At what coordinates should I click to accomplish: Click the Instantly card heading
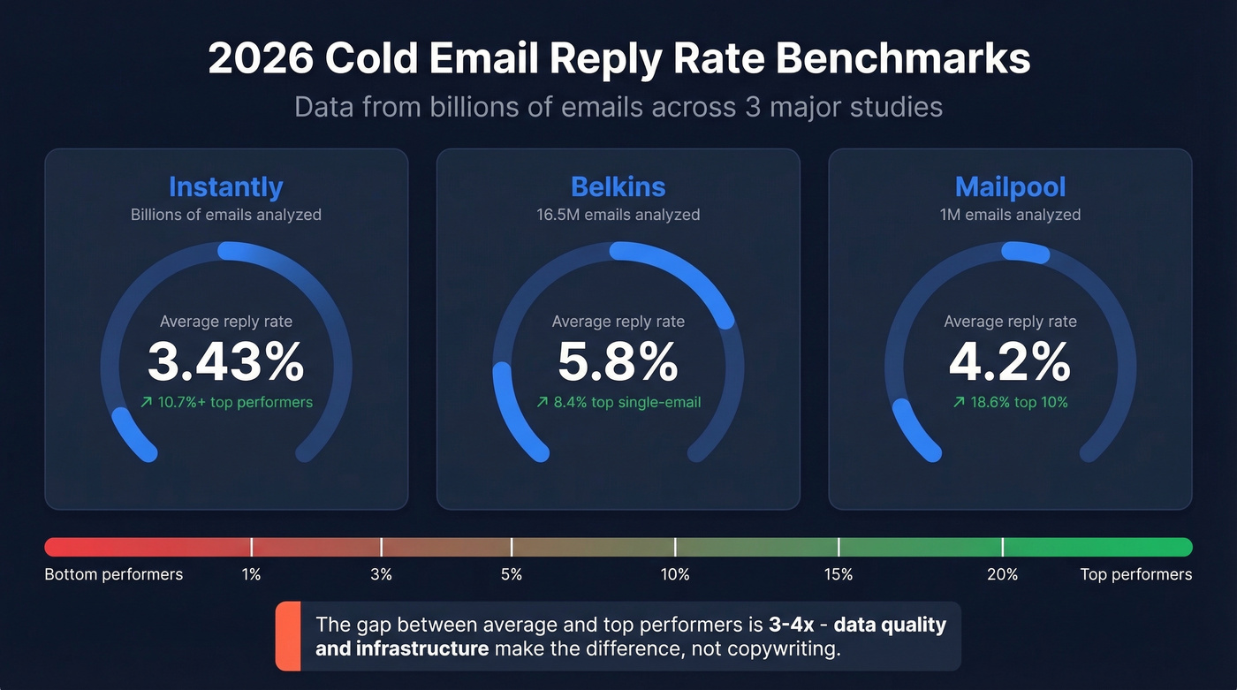coord(225,186)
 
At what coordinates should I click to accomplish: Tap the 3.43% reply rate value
coord(225,361)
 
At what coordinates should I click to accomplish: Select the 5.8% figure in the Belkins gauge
coord(618,361)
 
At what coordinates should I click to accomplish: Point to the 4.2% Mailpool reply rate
coord(1010,361)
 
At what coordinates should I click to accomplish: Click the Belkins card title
coord(618,186)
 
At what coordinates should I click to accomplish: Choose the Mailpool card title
coord(1010,186)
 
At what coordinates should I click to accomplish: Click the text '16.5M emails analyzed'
coord(618,215)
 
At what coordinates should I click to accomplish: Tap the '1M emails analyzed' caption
coord(1010,215)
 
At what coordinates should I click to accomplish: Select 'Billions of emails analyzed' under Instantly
coord(225,215)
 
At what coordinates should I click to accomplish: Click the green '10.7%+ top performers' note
coord(226,402)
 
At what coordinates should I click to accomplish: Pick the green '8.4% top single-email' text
coord(618,402)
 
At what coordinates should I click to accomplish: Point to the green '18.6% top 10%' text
coord(1010,402)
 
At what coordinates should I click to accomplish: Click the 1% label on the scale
coord(251,574)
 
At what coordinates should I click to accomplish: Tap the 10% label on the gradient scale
coord(674,574)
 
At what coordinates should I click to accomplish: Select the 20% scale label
coord(1002,574)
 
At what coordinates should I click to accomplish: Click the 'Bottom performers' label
coord(113,574)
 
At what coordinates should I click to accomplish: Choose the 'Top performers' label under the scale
coord(1135,574)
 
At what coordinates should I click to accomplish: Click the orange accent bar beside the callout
coord(287,636)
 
